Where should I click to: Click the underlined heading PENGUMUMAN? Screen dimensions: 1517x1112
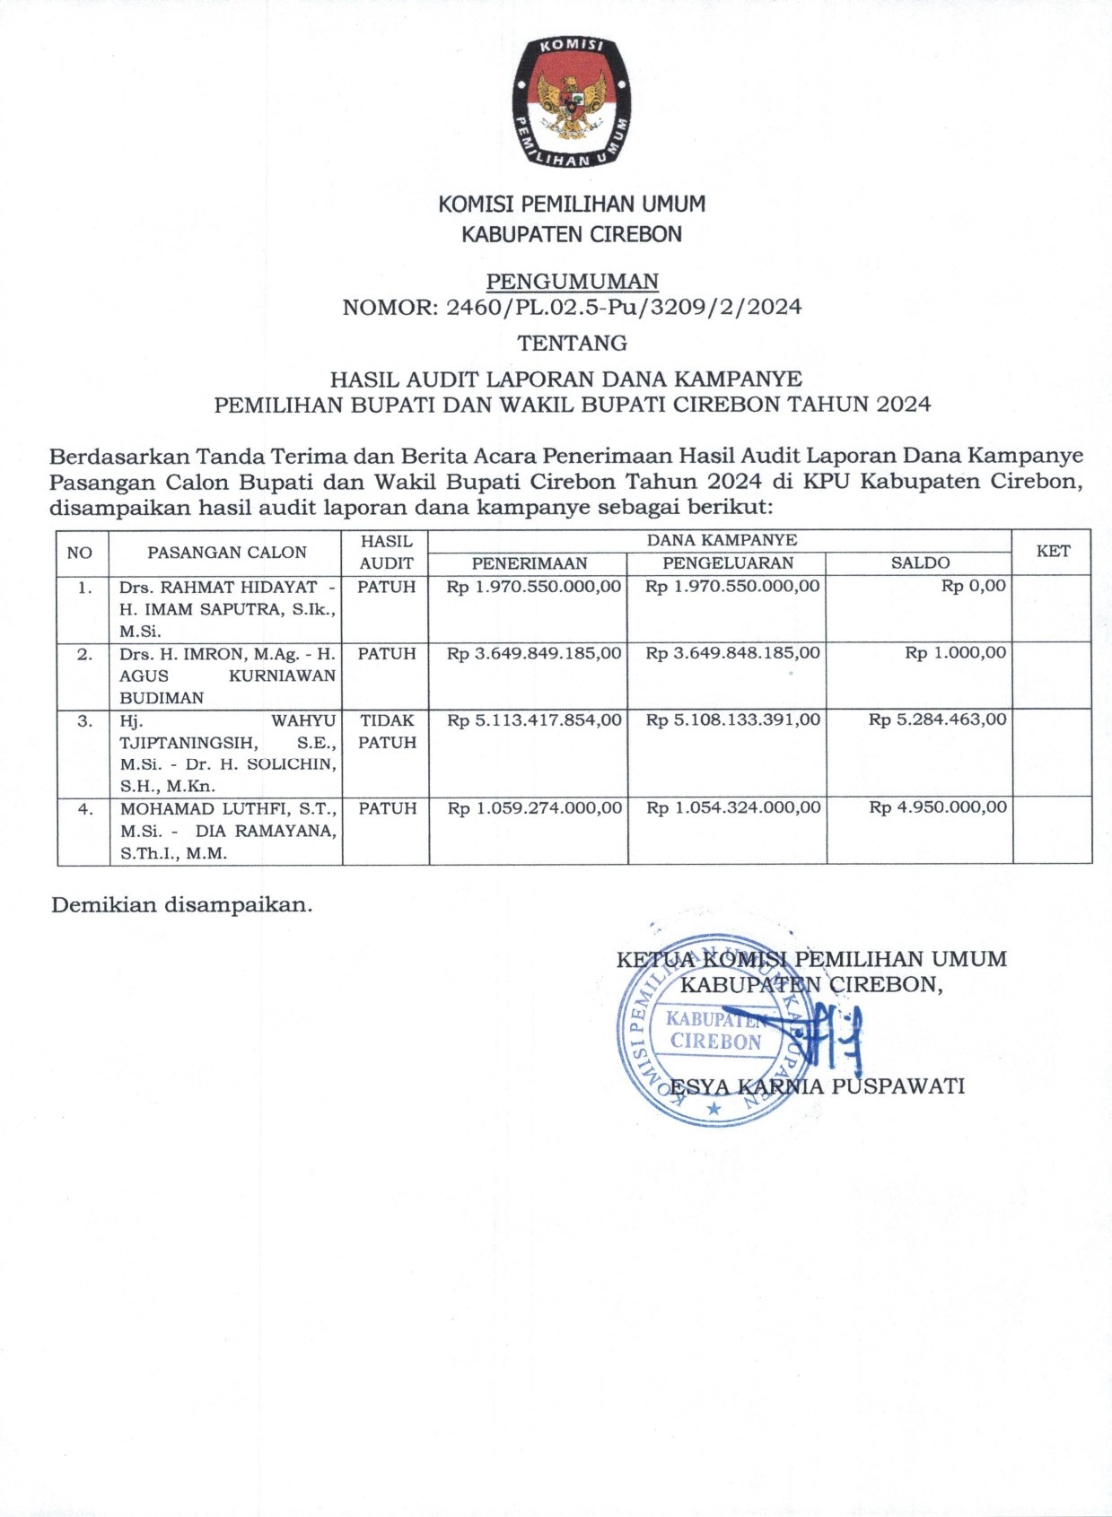[x=572, y=282]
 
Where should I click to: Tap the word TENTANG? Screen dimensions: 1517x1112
[x=572, y=343]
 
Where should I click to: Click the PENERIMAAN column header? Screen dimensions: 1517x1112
[x=529, y=563]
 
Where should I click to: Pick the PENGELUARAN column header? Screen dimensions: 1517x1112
[x=727, y=563]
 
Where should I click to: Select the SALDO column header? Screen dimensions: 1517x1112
[x=920, y=563]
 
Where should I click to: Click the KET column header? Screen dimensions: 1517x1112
[x=1052, y=551]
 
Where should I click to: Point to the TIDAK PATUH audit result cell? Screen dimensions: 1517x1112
[x=387, y=731]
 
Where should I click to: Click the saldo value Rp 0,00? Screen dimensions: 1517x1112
[x=973, y=587]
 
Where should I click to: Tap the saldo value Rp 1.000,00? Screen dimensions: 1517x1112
[x=955, y=653]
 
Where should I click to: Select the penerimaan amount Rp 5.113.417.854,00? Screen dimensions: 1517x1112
[x=534, y=719]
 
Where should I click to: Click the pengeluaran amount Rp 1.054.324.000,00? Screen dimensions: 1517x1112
[x=732, y=807]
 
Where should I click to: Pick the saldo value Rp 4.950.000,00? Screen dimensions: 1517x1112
[x=937, y=807]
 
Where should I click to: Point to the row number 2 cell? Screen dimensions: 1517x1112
[x=84, y=654]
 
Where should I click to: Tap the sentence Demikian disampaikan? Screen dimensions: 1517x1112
[x=181, y=904]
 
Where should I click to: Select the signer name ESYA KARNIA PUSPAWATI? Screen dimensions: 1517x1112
[x=817, y=1086]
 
